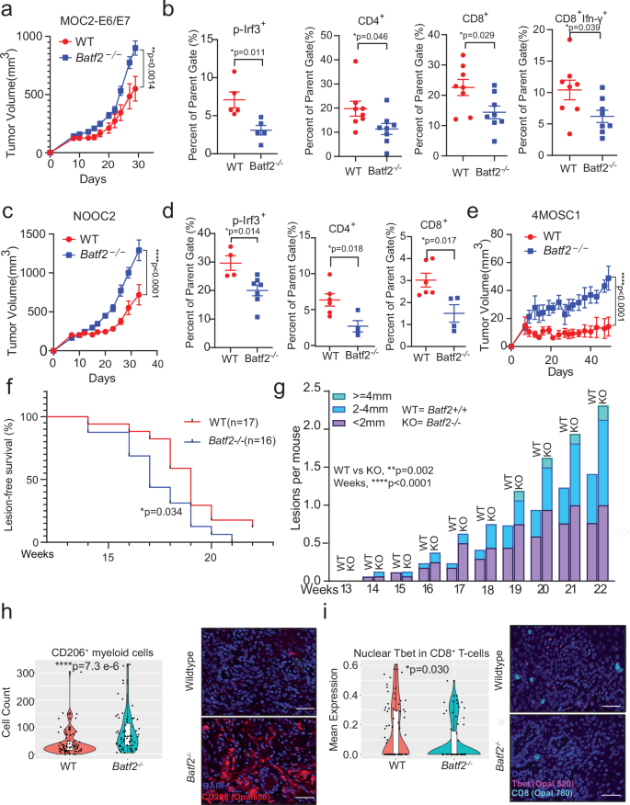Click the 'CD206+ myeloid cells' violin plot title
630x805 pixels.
99,626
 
